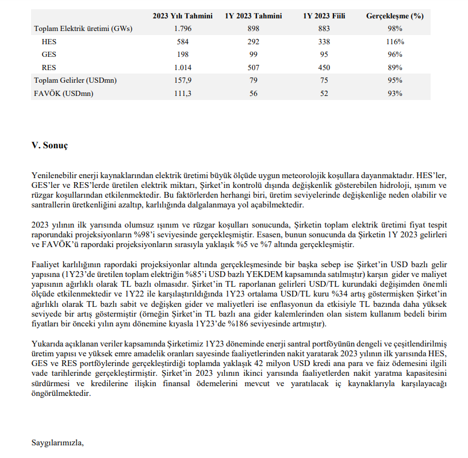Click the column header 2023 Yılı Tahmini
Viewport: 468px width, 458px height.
click(182, 16)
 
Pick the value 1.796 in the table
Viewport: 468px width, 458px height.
click(182, 29)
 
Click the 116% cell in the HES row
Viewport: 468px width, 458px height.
click(394, 42)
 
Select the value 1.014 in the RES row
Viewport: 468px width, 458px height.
click(182, 68)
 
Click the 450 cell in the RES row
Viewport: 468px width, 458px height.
click(323, 68)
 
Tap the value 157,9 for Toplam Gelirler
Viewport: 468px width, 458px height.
click(182, 81)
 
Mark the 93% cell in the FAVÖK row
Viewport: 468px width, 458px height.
click(394, 94)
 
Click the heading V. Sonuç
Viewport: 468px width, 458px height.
click(49, 145)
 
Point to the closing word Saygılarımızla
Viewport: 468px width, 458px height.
click(58, 442)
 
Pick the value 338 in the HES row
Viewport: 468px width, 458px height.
click(323, 42)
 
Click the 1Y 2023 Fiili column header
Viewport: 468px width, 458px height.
click(323, 16)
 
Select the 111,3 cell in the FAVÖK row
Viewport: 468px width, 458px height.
click(182, 94)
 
